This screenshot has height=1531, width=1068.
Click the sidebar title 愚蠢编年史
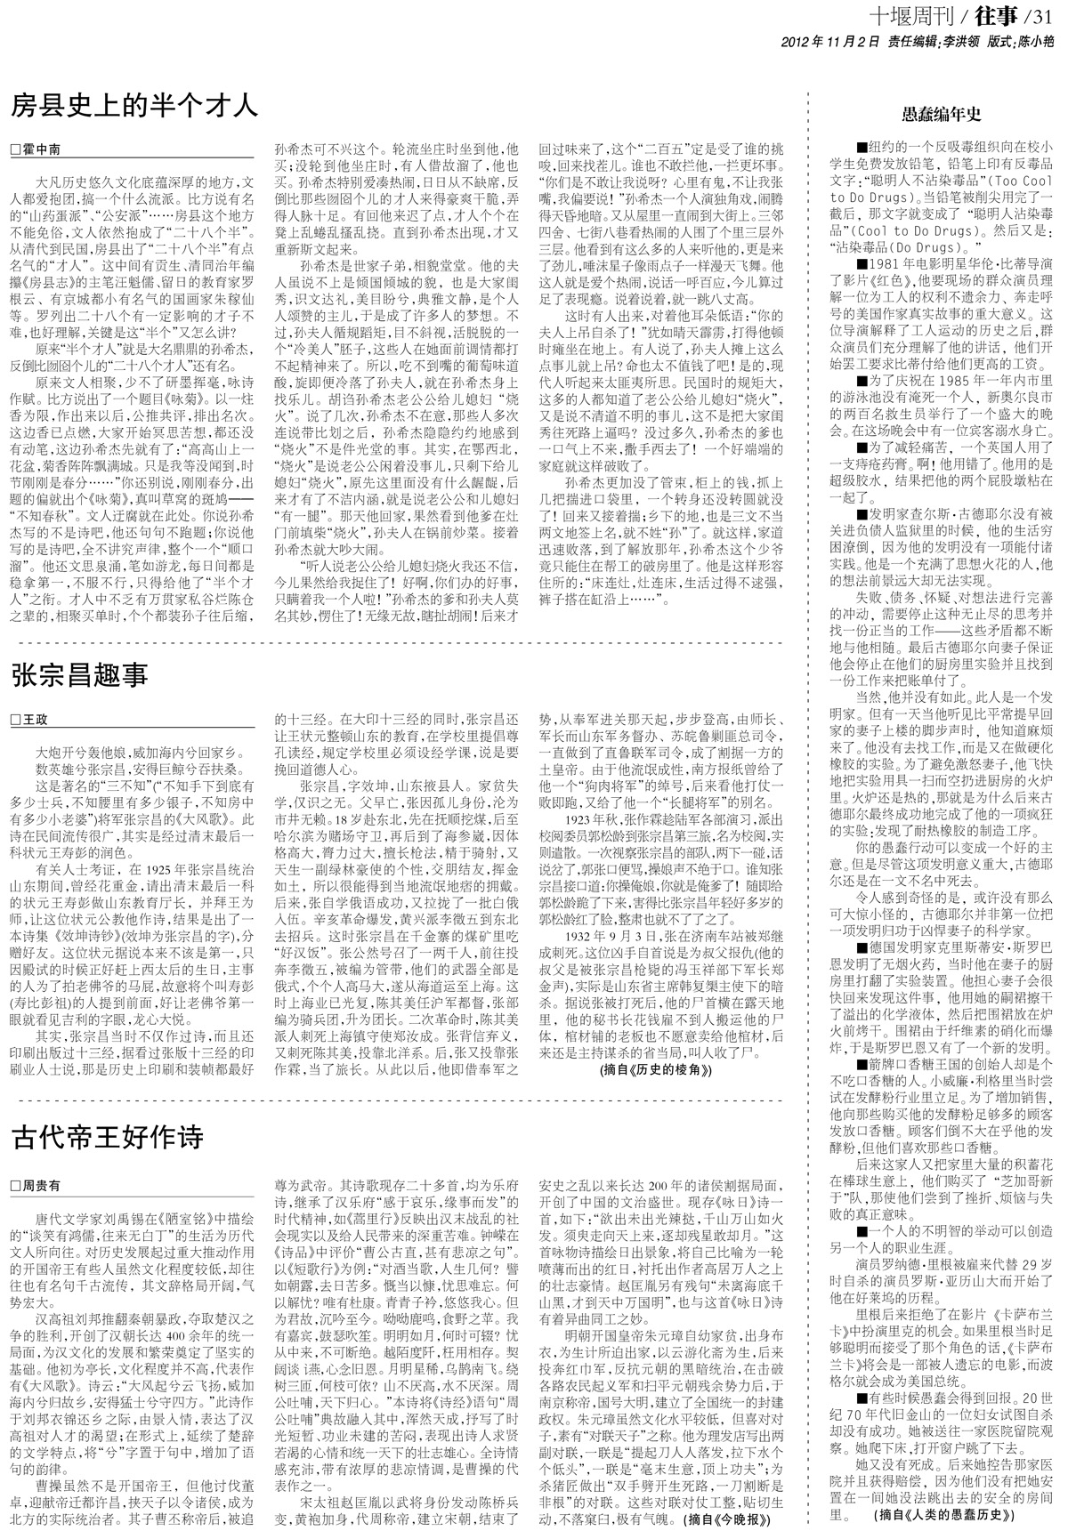(x=940, y=115)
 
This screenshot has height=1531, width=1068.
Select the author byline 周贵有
(x=41, y=1186)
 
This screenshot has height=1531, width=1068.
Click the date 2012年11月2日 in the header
(x=829, y=41)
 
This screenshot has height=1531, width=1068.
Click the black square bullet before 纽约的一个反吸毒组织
(x=860, y=147)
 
